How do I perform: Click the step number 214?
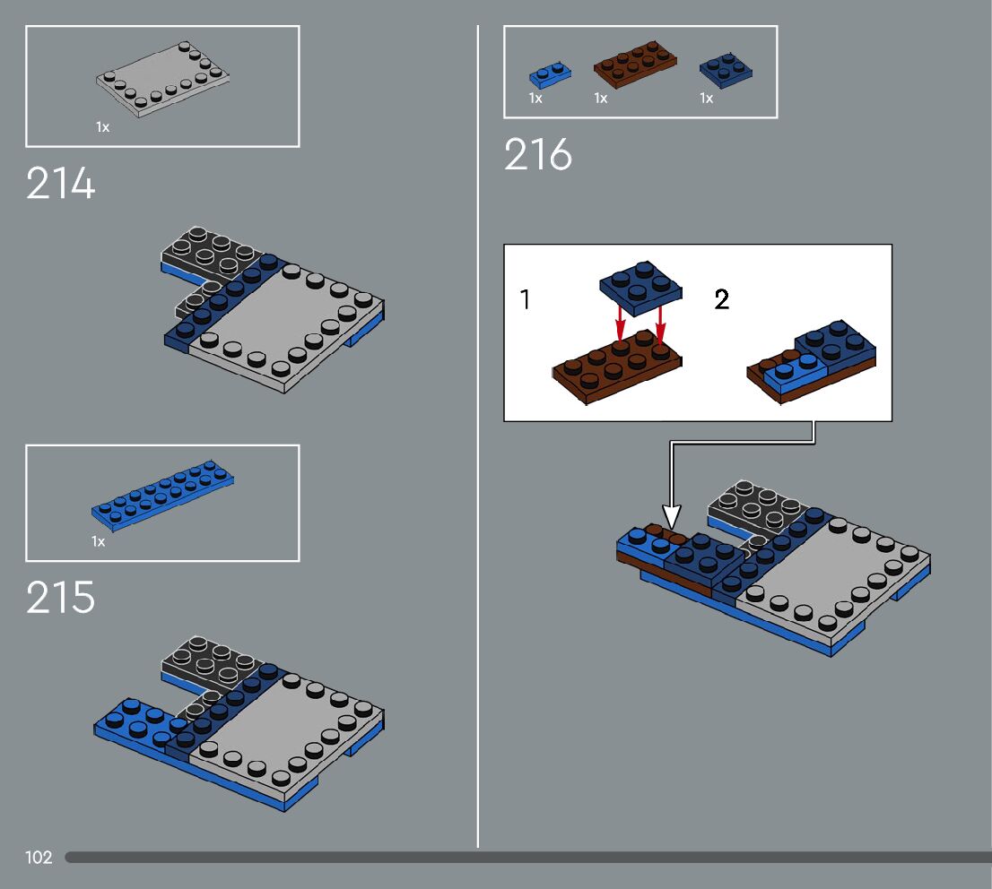60,185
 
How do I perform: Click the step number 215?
60,598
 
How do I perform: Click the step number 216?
537,155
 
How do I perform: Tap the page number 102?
39,858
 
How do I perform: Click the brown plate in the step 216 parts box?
635,66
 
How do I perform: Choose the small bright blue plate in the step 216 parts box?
549,73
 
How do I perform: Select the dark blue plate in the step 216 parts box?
726,68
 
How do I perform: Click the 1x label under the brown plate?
600,99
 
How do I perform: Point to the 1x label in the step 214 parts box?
102,127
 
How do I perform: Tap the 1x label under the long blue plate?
98,541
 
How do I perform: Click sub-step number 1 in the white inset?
525,299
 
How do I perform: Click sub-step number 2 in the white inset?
722,299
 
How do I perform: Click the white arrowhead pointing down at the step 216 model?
671,517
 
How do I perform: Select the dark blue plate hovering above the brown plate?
640,287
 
